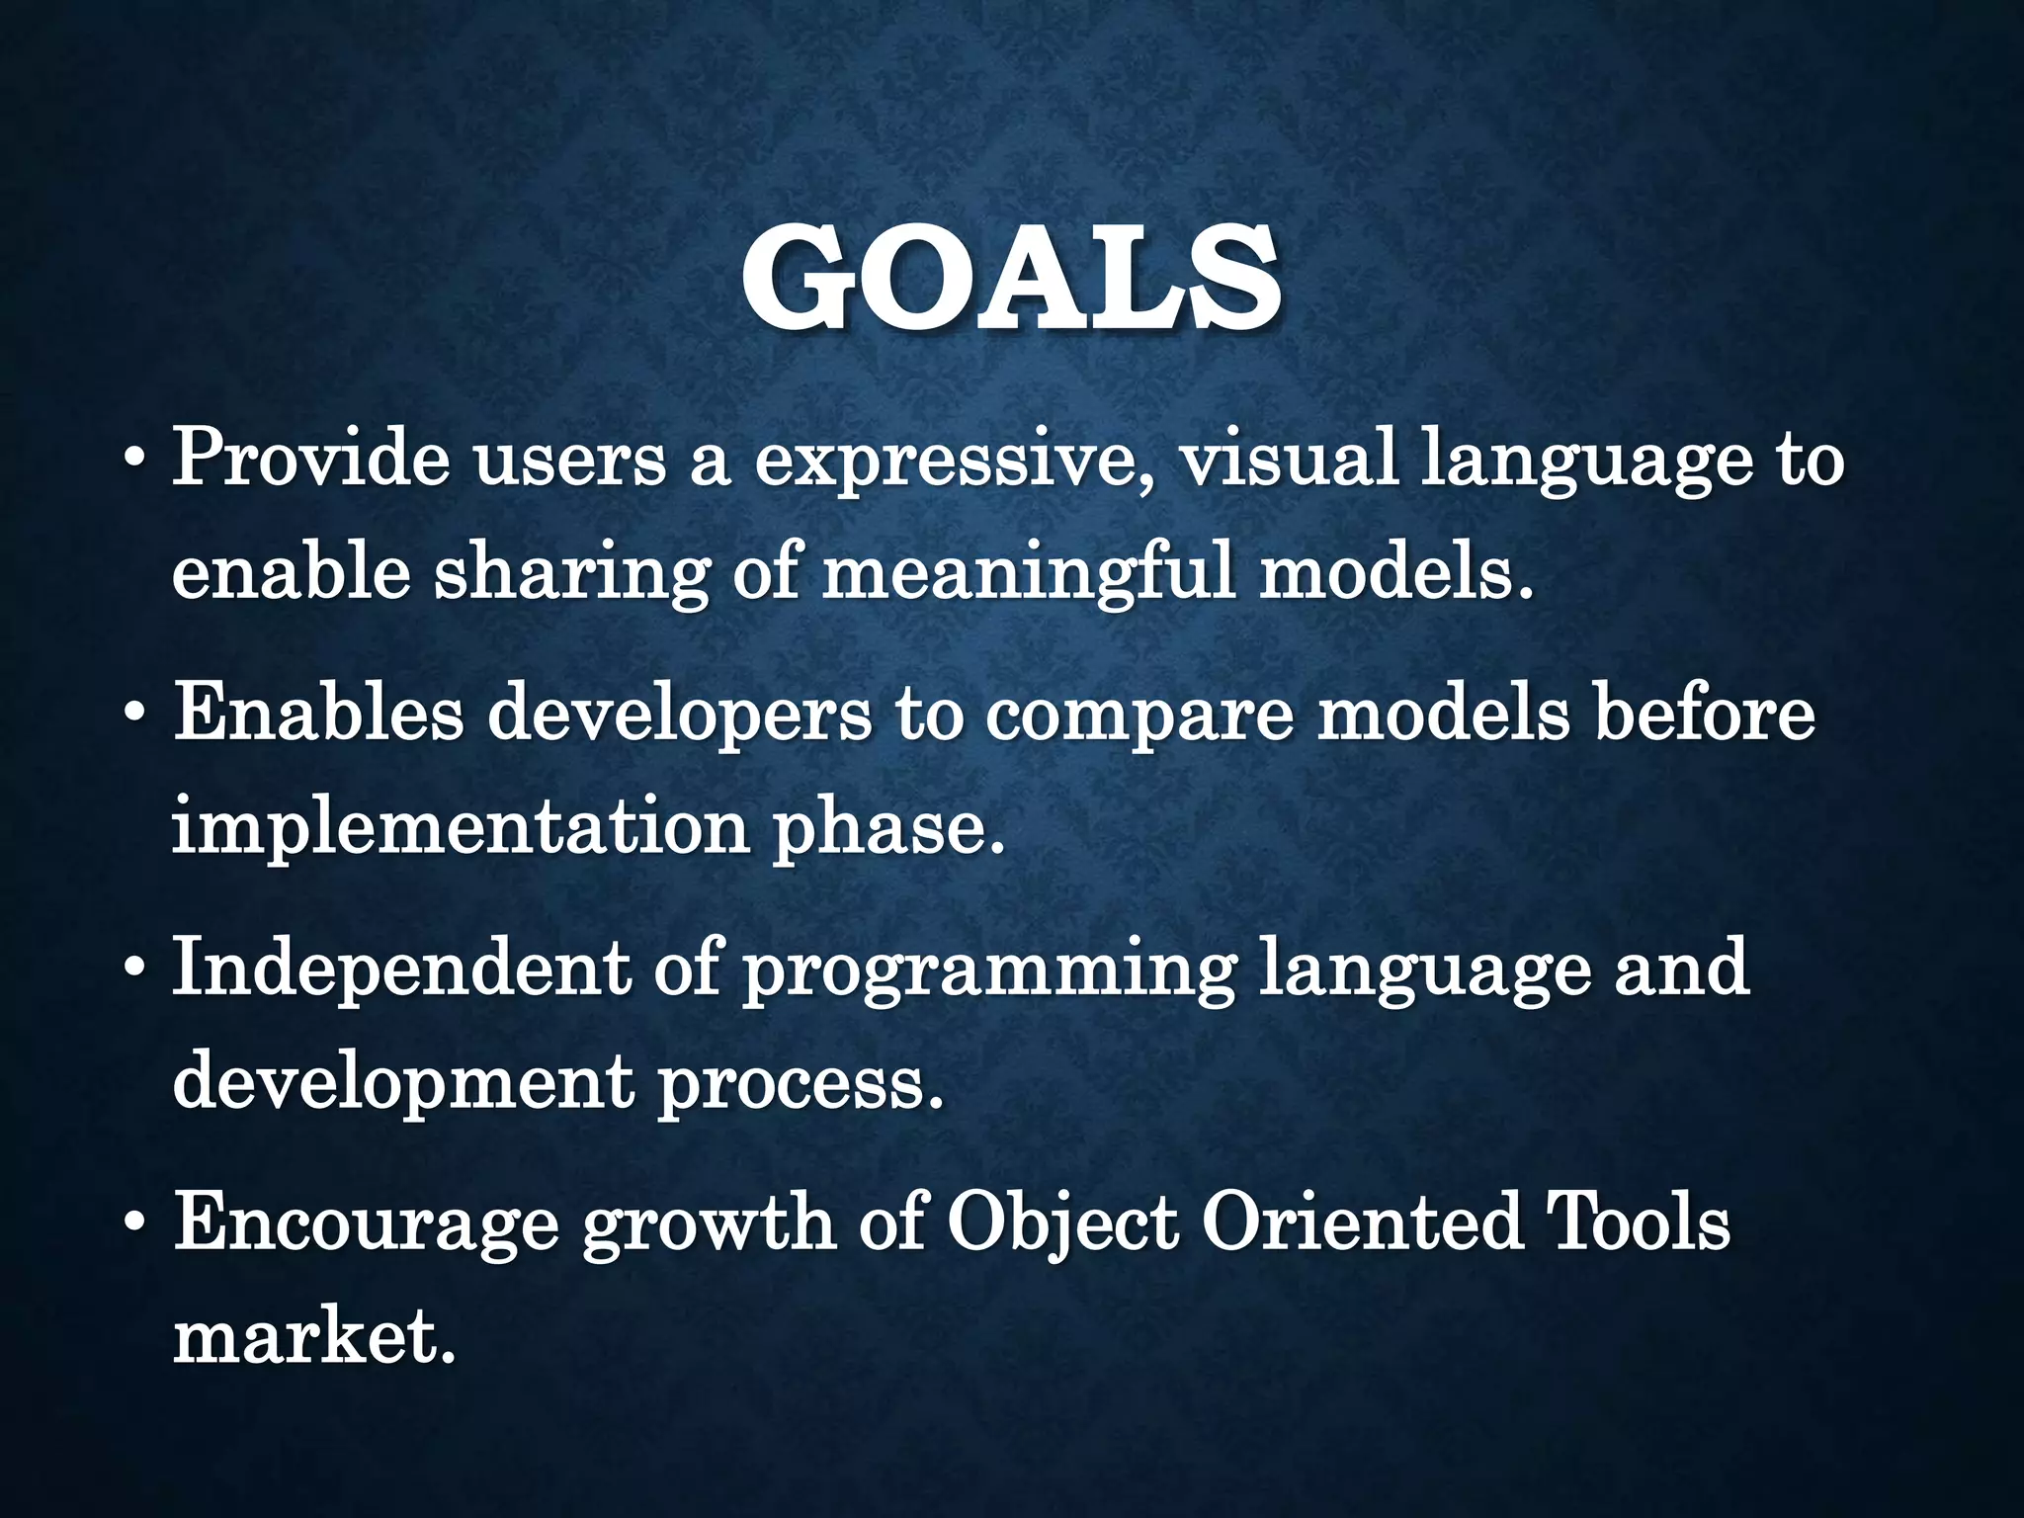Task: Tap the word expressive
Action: click(x=954, y=462)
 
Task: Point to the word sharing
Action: click(x=572, y=574)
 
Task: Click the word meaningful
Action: click(x=1029, y=574)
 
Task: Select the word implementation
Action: click(x=460, y=828)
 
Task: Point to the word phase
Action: click(x=886, y=828)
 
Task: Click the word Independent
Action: click(x=400, y=968)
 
